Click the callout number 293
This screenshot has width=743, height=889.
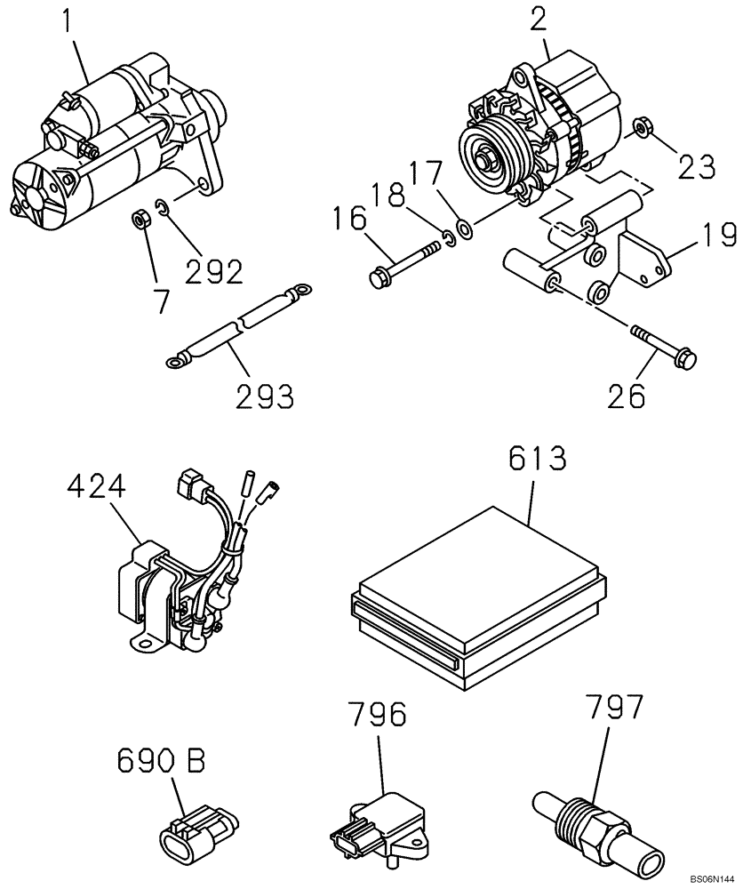tap(265, 396)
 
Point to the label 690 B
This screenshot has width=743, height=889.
tap(161, 762)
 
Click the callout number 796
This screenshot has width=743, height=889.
tap(374, 717)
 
